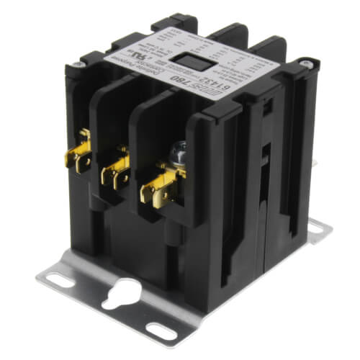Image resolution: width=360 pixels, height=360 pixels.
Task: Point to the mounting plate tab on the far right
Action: (317, 230)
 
